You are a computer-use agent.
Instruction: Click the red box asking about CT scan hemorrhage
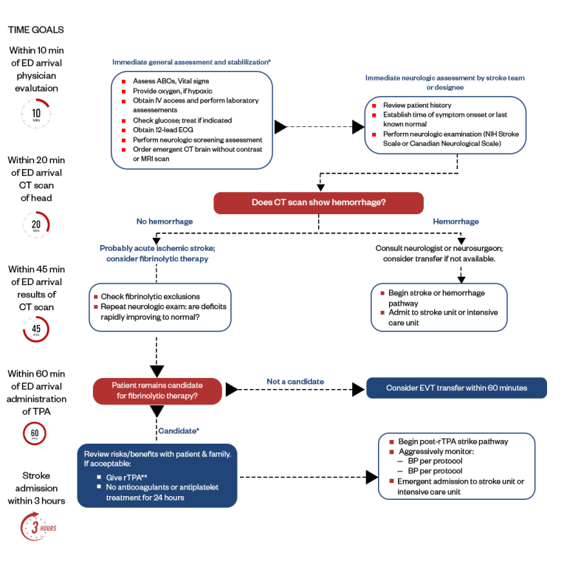tap(318, 203)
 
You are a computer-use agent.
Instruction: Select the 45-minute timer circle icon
tap(34, 327)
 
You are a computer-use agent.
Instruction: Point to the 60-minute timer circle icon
tap(34, 433)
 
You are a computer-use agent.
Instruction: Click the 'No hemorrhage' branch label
tap(164, 221)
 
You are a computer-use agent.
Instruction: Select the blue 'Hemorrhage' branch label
tap(455, 221)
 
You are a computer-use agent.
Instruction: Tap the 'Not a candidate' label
tap(295, 382)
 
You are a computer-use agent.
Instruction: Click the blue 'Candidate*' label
tap(179, 430)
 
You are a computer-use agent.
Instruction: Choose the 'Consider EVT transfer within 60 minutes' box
tap(456, 388)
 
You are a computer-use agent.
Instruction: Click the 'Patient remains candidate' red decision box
tap(157, 391)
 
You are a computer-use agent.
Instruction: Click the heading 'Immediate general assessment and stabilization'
tap(191, 62)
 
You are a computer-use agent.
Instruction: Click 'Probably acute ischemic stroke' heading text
tap(157, 248)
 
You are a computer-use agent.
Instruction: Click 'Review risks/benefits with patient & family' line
tap(157, 453)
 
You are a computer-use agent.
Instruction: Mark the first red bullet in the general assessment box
tap(124, 79)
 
